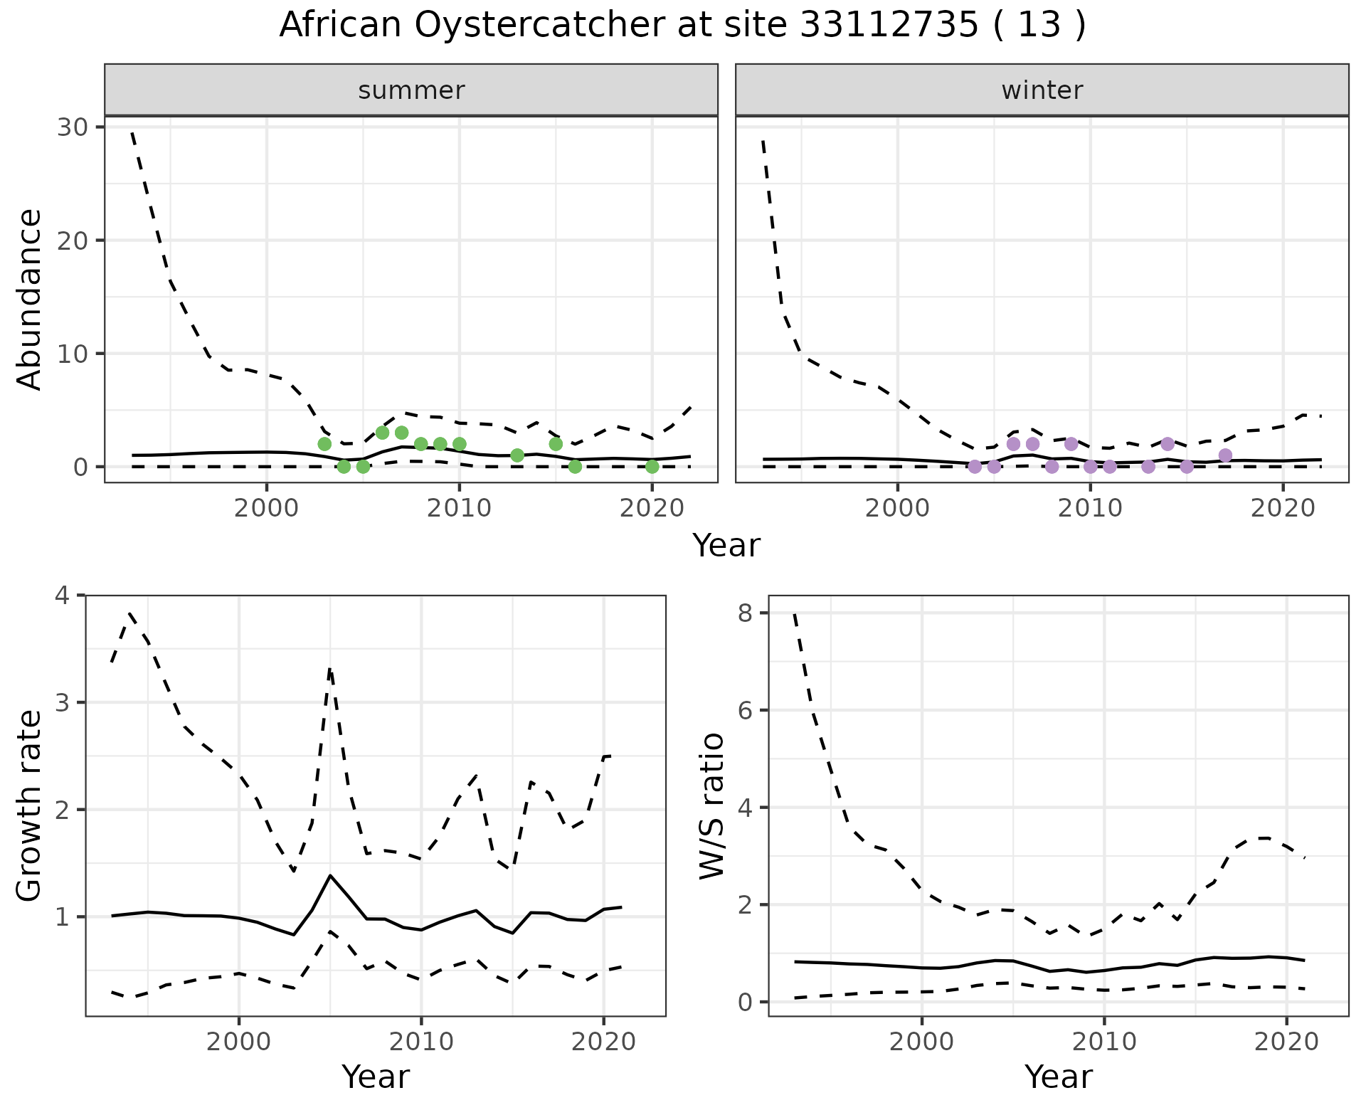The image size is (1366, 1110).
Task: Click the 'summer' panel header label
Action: click(411, 90)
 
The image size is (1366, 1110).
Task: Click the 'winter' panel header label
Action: click(1042, 90)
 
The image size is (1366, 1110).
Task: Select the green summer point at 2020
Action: click(652, 467)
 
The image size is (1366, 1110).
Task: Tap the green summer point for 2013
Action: click(517, 455)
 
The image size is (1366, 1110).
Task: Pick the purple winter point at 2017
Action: click(1225, 455)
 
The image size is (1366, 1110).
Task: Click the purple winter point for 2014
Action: click(1168, 444)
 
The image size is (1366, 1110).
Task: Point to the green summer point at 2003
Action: click(324, 444)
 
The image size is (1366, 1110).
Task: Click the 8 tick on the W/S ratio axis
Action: click(745, 613)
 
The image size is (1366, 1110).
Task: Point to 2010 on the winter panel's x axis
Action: click(1090, 508)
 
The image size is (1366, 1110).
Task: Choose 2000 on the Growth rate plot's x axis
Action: click(239, 1042)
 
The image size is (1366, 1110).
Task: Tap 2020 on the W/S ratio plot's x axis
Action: click(1286, 1042)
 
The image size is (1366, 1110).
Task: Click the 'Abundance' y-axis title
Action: click(30, 299)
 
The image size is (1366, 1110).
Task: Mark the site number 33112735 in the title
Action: click(889, 26)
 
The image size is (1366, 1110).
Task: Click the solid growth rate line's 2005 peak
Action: click(330, 875)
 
